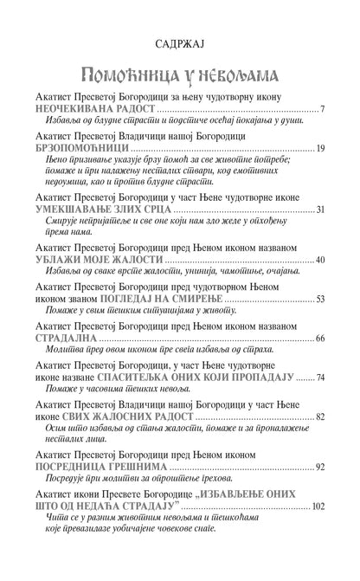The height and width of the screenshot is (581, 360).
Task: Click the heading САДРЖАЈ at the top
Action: [x=179, y=40]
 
